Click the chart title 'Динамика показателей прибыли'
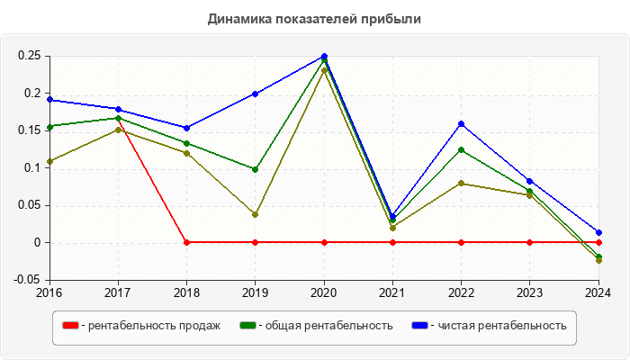[314, 18]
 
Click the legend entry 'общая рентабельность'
[325, 326]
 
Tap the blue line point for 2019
[256, 94]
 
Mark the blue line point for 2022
[462, 123]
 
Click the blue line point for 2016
[49, 100]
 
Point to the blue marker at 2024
[598, 232]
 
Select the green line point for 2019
[256, 169]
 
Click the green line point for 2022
[462, 149]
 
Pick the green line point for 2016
[49, 127]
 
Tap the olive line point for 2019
[256, 214]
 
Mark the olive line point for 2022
[462, 184]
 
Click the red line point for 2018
[186, 242]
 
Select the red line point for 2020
[324, 242]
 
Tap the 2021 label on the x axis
[392, 292]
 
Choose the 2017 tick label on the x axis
[118, 292]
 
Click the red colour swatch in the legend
[69, 326]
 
